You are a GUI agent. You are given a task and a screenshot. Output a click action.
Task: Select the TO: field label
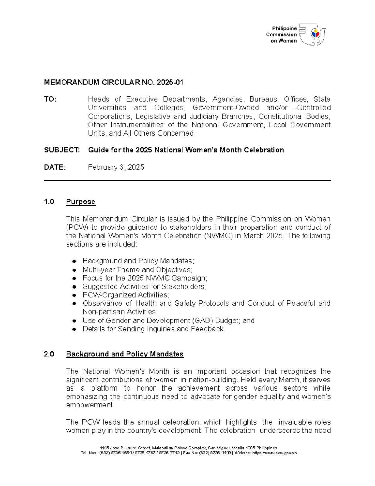coord(50,99)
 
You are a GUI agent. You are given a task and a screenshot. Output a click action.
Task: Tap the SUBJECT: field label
coord(62,150)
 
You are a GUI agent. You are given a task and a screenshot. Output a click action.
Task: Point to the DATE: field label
coord(55,167)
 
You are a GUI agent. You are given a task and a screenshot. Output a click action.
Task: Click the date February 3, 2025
coord(116,167)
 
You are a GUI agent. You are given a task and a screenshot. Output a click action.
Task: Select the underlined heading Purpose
coord(81,202)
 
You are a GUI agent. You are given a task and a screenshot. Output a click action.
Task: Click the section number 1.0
coord(49,202)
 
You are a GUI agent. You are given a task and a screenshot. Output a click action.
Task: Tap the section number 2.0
coord(49,354)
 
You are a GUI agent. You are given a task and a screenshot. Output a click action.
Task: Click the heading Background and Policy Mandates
coord(125,354)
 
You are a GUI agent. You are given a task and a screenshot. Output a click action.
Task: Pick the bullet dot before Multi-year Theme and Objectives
coord(74,270)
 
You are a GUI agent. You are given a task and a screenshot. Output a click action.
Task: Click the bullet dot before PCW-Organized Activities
coord(74,295)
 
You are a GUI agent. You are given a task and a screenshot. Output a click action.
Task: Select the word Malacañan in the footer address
coord(162,448)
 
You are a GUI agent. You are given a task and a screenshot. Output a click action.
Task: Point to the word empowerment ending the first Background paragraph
coord(90,405)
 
